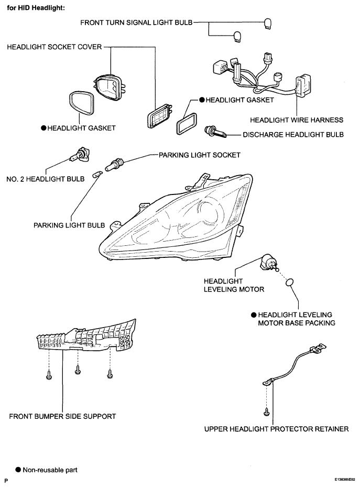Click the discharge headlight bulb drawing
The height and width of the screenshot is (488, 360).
point(215,132)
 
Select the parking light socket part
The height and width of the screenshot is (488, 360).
point(115,165)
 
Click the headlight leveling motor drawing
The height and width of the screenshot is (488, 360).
point(268,263)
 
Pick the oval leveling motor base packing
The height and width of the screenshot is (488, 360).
point(289,283)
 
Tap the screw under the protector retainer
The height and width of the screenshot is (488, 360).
point(267,412)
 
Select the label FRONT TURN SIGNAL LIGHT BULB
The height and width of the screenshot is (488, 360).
point(136,23)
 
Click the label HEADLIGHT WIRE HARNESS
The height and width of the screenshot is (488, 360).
point(297,120)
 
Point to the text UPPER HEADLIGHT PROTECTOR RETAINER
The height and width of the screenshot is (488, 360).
point(276,429)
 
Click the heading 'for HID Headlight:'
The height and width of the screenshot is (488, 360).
point(36,8)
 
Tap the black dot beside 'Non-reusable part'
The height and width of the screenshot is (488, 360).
point(18,470)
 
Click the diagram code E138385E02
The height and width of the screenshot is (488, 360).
point(345,480)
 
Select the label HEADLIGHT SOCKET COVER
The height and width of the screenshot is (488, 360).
point(54,47)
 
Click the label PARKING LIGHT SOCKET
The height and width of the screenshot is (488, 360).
point(200,155)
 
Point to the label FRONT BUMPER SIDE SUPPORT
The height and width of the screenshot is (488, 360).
point(62,416)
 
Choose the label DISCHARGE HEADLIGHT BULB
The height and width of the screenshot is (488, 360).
point(293,134)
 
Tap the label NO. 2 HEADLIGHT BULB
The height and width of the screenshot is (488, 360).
point(46,179)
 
